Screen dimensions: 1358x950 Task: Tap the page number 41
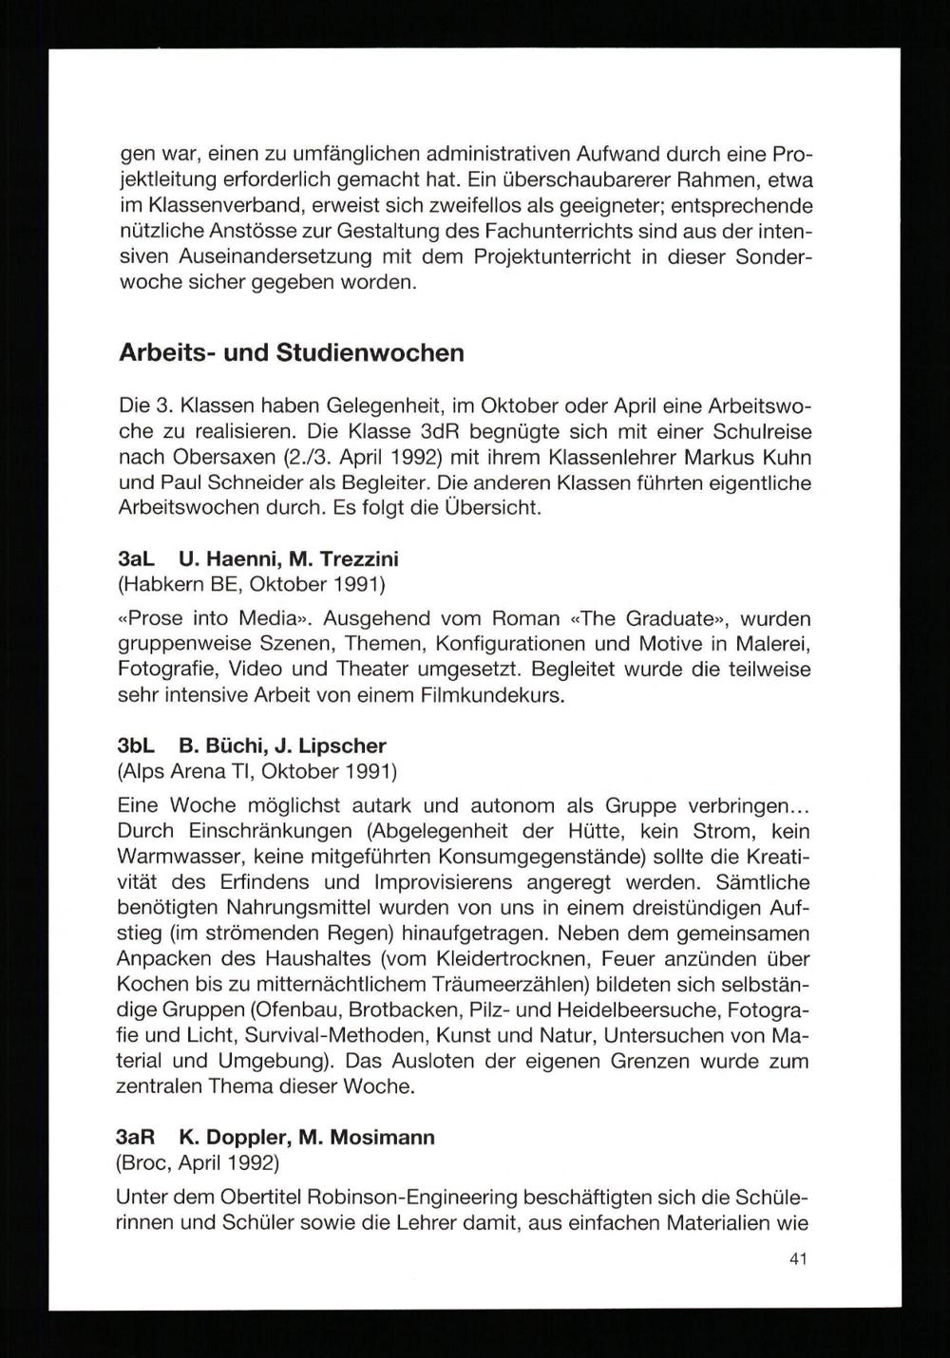click(798, 1259)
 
